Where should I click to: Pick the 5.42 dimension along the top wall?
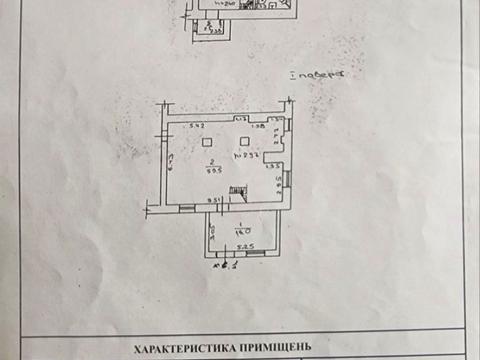tap(197, 126)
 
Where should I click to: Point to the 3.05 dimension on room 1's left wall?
tap(213, 232)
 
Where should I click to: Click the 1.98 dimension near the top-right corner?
tap(258, 126)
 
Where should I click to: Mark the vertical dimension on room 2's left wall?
tap(171, 163)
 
